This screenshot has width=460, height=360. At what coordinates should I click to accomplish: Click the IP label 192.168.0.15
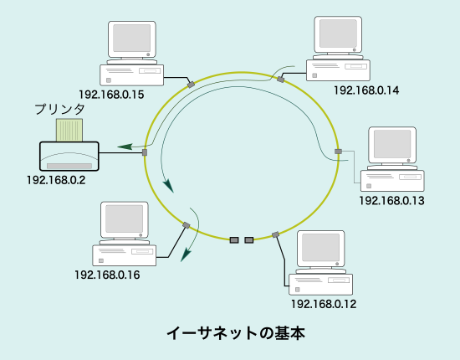tap(111, 95)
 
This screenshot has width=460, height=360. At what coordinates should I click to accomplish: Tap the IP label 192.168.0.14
tap(366, 90)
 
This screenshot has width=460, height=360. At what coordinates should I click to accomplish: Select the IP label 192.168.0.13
tap(391, 201)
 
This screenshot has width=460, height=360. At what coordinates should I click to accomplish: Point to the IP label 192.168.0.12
tap(324, 304)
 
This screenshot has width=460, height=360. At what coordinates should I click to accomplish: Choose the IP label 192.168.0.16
tap(107, 275)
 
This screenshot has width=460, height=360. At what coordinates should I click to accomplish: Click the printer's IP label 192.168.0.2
tap(56, 180)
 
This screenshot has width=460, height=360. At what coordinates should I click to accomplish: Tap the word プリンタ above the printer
tap(60, 109)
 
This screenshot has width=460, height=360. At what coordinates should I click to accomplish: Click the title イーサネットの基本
tap(236, 333)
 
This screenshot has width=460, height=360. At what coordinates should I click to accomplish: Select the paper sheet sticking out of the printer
tap(69, 130)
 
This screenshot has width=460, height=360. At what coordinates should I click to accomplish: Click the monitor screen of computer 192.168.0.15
tap(131, 38)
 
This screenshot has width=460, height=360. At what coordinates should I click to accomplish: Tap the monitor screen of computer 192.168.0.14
tap(338, 33)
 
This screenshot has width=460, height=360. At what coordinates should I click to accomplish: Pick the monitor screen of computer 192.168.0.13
tap(392, 144)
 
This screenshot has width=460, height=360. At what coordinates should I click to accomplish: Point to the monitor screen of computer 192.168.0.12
tap(320, 248)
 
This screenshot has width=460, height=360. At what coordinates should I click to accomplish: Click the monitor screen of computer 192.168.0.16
tap(124, 219)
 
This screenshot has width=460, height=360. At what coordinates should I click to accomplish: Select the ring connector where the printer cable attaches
tap(145, 152)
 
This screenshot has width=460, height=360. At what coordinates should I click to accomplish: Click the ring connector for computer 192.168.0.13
tap(338, 152)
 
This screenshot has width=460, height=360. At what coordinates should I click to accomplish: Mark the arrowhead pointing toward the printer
tap(125, 147)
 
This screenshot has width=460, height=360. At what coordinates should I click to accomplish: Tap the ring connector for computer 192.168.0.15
tap(191, 85)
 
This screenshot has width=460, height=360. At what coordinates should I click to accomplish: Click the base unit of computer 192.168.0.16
tap(124, 255)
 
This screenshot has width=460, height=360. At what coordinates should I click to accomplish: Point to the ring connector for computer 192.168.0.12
tap(275, 234)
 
